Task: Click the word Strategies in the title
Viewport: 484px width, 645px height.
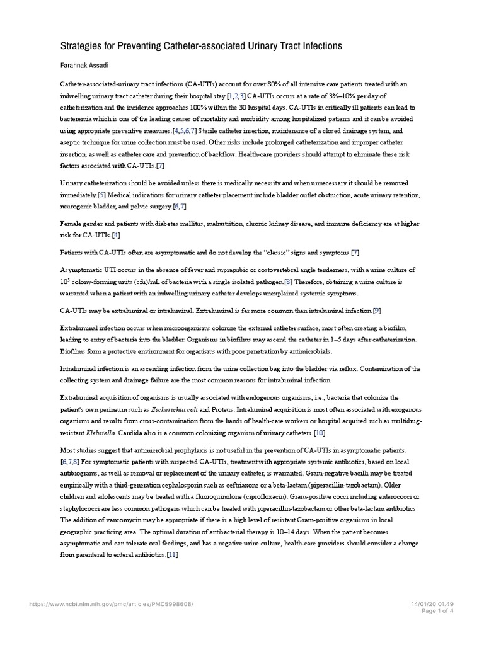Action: (x=83, y=46)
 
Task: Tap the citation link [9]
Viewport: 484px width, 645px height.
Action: (x=377, y=311)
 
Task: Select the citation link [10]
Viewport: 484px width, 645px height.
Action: (x=320, y=433)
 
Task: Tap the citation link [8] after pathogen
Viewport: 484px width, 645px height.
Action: (x=287, y=282)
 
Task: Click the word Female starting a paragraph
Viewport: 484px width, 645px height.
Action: (x=72, y=224)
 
